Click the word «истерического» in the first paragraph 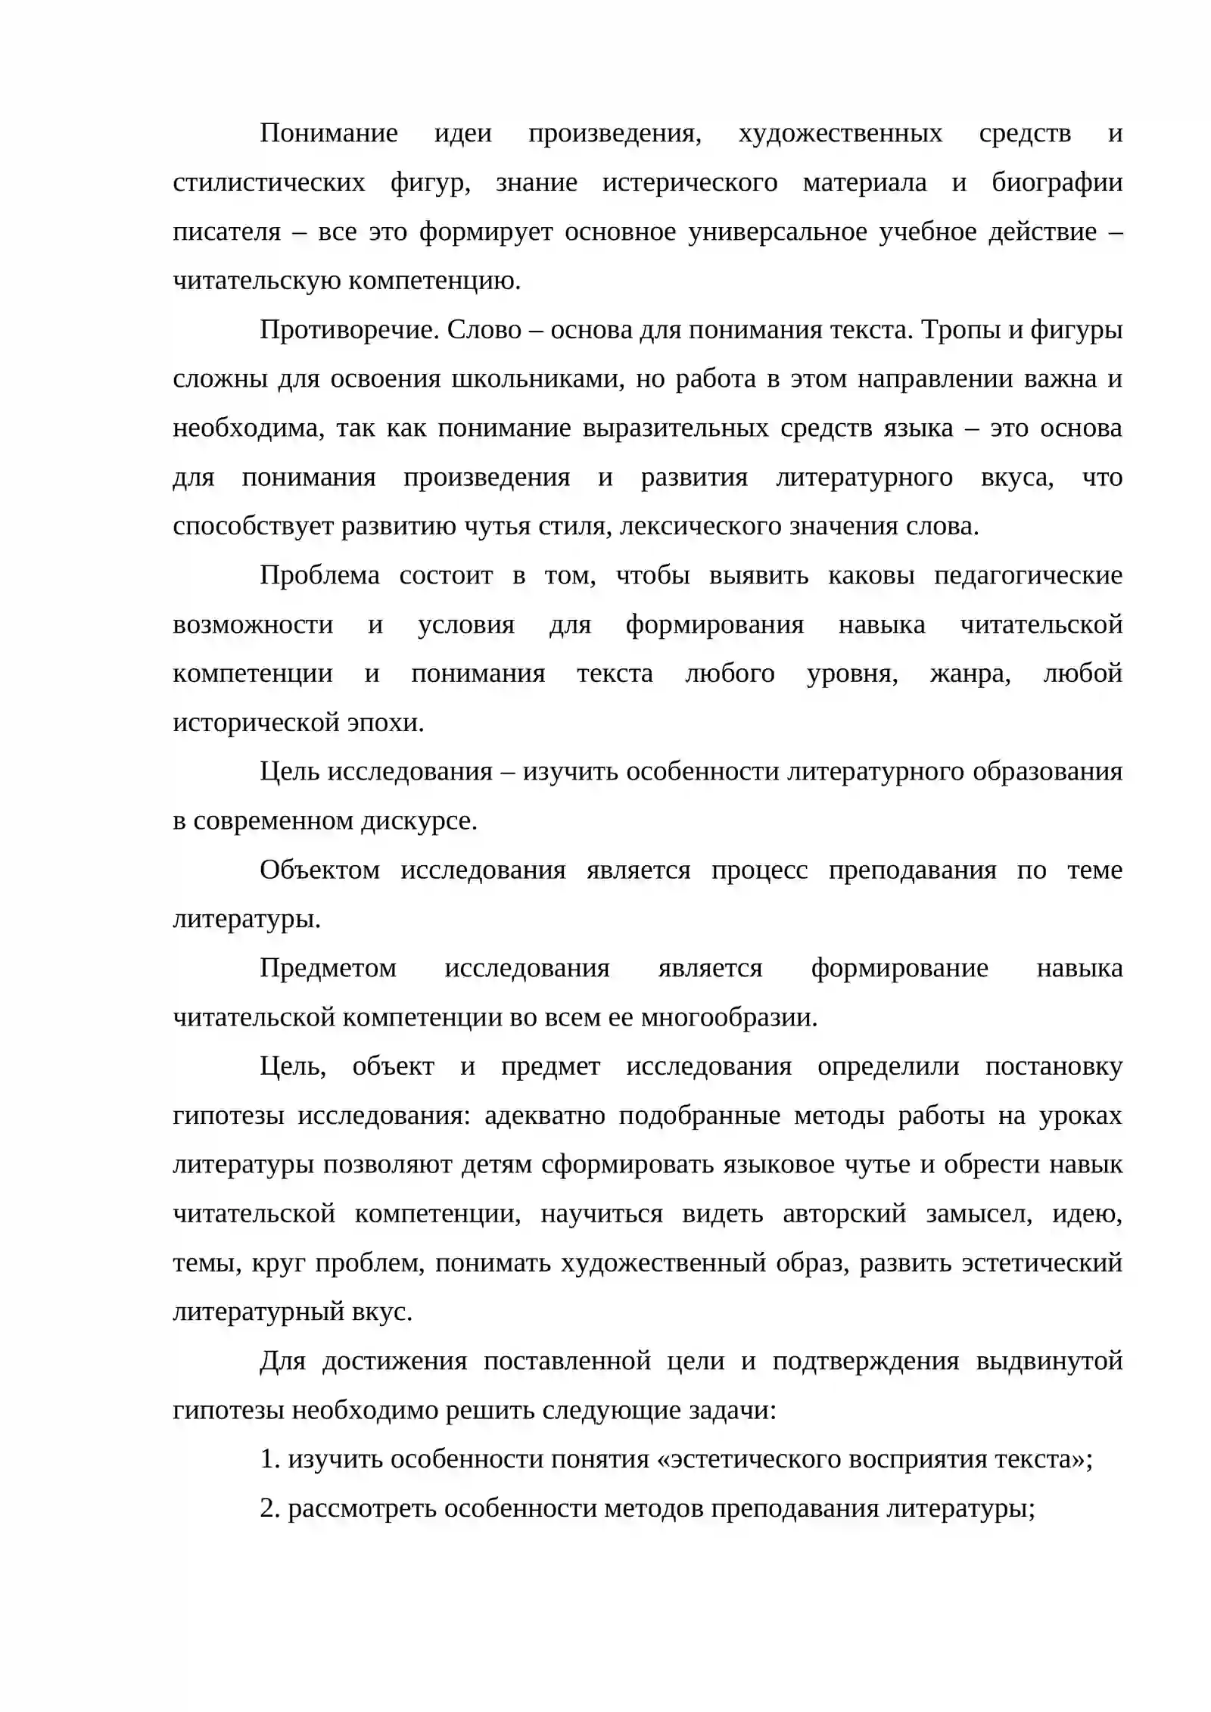pos(690,183)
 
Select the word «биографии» pos(1057,183)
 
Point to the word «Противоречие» pos(349,330)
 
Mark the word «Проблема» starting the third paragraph pos(319,576)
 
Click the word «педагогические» pos(1028,576)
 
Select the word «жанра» pos(970,674)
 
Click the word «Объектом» pos(319,870)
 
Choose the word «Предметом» pos(328,969)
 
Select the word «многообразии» pos(729,1018)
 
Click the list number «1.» pos(270,1460)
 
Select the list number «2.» pos(270,1509)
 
